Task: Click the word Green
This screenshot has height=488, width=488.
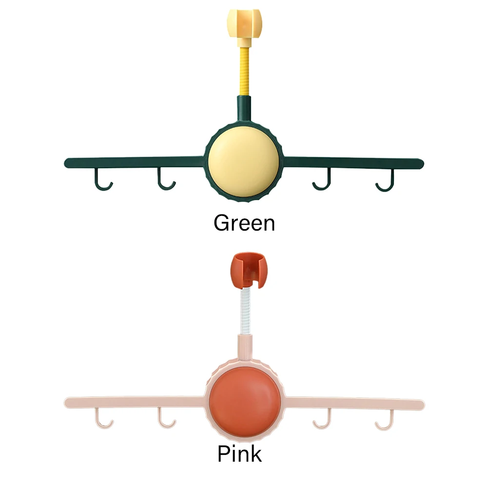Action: click(244, 223)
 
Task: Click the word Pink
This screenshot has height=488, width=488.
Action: click(239, 454)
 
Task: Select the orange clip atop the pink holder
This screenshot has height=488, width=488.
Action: click(246, 271)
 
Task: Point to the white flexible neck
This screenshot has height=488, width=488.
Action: click(245, 312)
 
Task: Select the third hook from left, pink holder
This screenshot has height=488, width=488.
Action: click(322, 420)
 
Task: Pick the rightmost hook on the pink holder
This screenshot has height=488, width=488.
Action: click(385, 421)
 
